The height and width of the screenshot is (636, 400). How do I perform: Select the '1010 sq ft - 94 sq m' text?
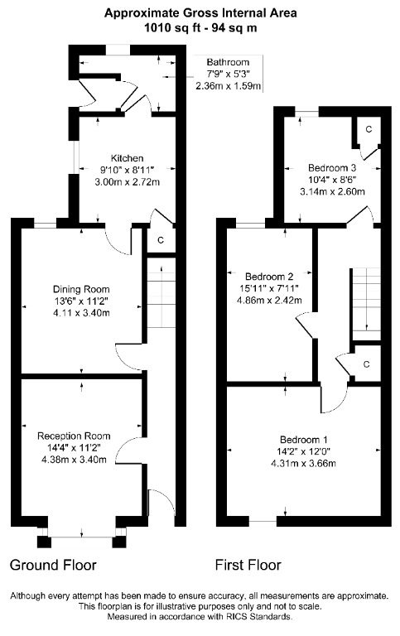(200, 27)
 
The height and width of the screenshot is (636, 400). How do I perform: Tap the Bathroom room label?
(228, 62)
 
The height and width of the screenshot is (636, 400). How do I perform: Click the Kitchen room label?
(128, 158)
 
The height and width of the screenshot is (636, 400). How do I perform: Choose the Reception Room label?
(74, 436)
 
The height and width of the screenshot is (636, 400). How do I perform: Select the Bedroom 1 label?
(303, 439)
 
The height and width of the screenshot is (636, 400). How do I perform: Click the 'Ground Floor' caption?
(53, 566)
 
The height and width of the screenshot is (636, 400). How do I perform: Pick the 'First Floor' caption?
(248, 566)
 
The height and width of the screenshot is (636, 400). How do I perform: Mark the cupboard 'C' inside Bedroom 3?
(369, 131)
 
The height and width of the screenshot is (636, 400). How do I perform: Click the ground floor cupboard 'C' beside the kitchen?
(160, 241)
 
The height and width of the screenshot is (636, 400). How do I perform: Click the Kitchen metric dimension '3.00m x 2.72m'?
(128, 181)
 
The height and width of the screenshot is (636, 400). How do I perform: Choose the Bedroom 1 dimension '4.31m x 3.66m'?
(303, 463)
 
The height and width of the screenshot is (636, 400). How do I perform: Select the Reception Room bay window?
(80, 537)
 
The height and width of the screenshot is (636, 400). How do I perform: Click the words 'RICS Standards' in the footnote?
(262, 617)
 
